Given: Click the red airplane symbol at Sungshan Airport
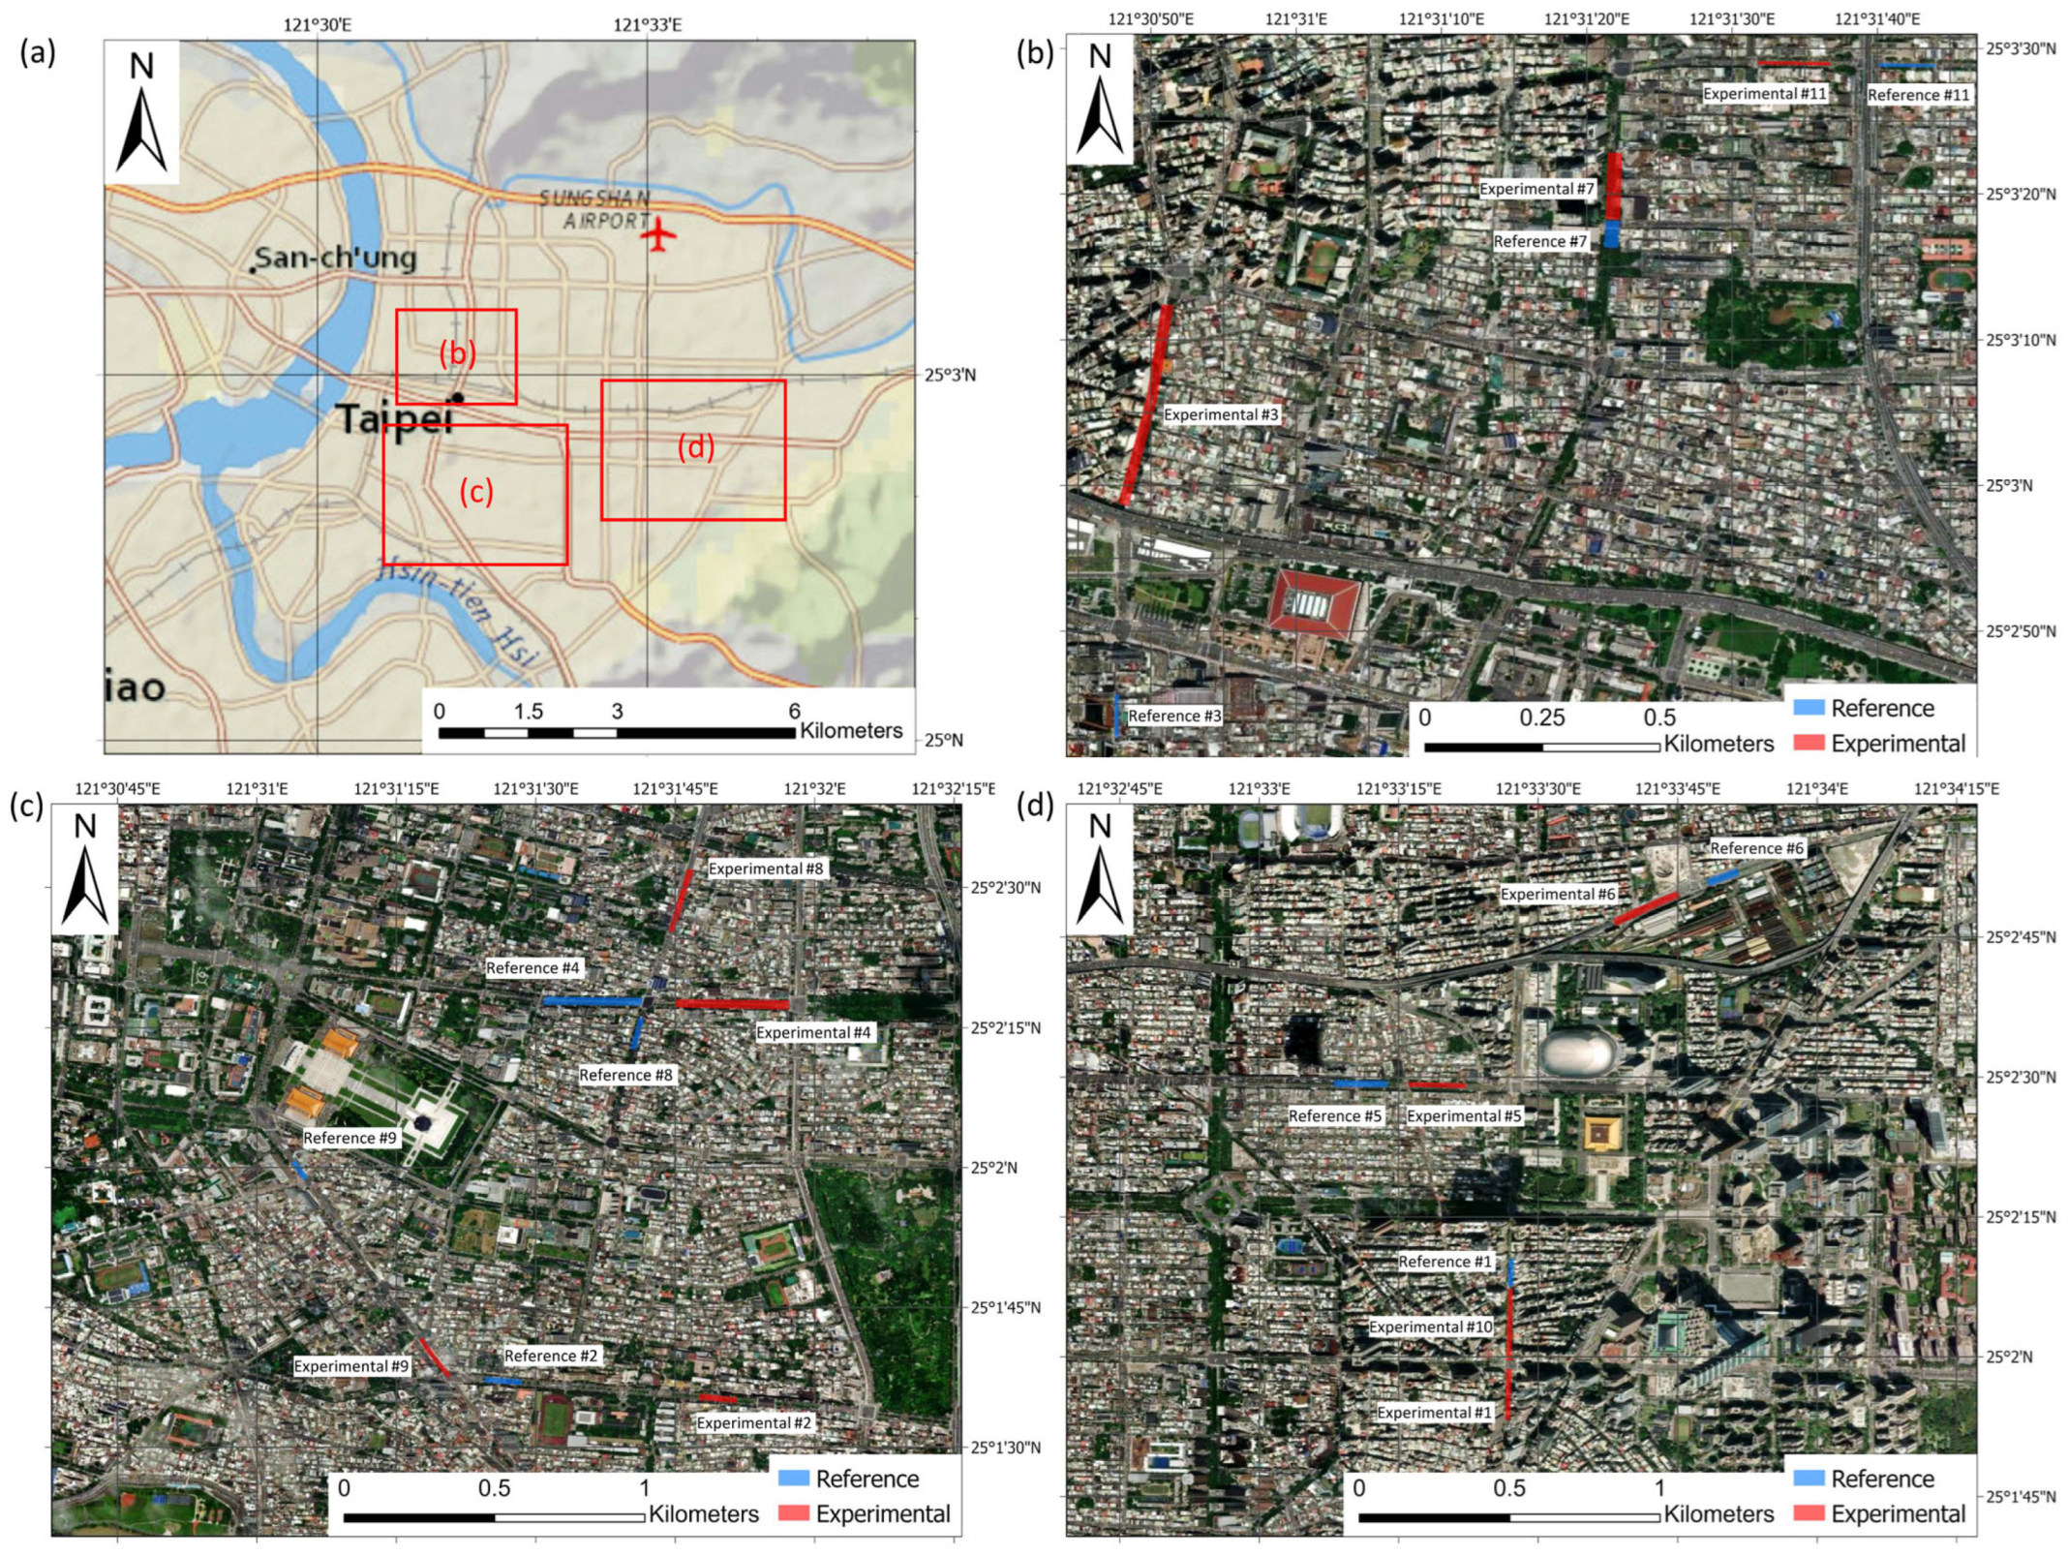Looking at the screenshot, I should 658,235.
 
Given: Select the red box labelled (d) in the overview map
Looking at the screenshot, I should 692,449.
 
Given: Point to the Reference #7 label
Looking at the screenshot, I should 1539,241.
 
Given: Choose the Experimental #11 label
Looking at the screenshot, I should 1764,94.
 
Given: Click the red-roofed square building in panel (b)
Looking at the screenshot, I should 1315,604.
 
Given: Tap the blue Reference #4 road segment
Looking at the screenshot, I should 593,1001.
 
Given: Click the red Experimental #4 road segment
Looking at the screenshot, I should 731,1004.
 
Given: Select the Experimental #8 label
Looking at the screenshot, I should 765,869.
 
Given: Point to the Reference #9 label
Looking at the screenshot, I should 350,1138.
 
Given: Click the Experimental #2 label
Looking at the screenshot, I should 753,1422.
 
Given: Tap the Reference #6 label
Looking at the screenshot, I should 1756,848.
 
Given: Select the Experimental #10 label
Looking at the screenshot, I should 1430,1327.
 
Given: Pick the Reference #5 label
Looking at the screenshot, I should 1334,1115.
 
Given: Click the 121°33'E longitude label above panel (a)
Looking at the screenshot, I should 647,25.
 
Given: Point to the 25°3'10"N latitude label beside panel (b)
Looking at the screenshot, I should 2021,340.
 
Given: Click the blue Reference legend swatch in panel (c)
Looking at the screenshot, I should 793,1479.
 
